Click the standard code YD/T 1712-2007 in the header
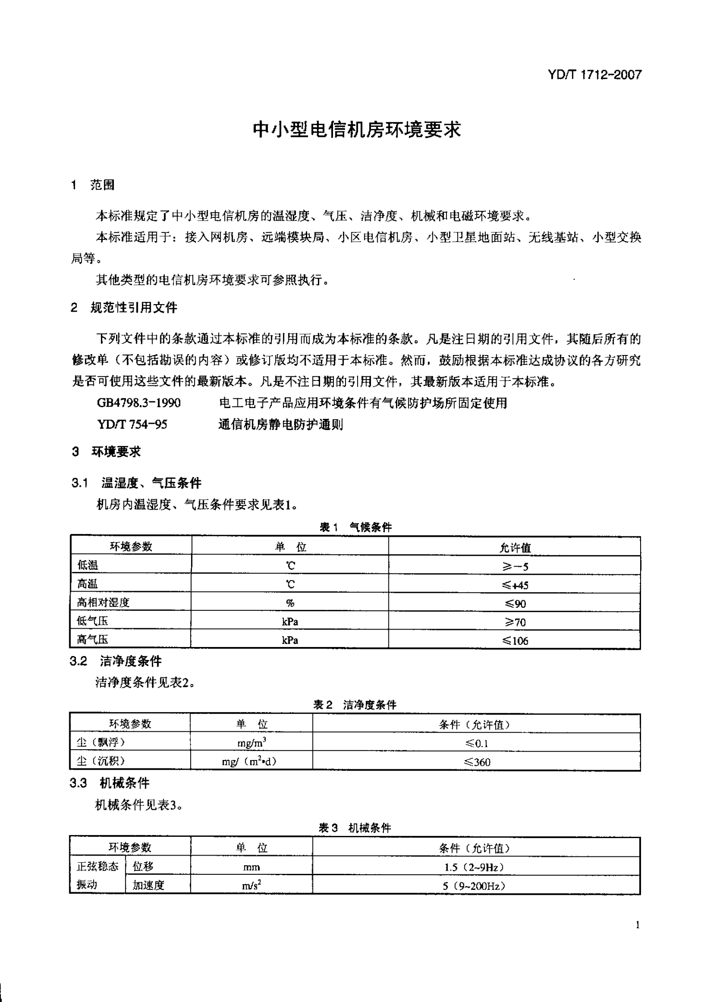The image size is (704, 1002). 594,75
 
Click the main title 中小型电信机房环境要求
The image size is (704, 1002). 357,129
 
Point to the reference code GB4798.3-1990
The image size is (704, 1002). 139,403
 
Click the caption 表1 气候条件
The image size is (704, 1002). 356,527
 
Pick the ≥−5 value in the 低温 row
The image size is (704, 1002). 515,567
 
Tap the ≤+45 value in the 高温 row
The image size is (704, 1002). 515,585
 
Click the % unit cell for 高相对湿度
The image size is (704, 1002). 290,603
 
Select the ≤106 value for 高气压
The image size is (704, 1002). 515,641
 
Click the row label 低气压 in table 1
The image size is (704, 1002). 92,621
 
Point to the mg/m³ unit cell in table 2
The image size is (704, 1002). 252,743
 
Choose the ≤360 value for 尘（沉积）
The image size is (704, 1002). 477,762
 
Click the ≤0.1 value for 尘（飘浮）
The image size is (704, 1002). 477,743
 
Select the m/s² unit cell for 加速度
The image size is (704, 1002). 252,885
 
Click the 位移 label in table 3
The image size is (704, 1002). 143,867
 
